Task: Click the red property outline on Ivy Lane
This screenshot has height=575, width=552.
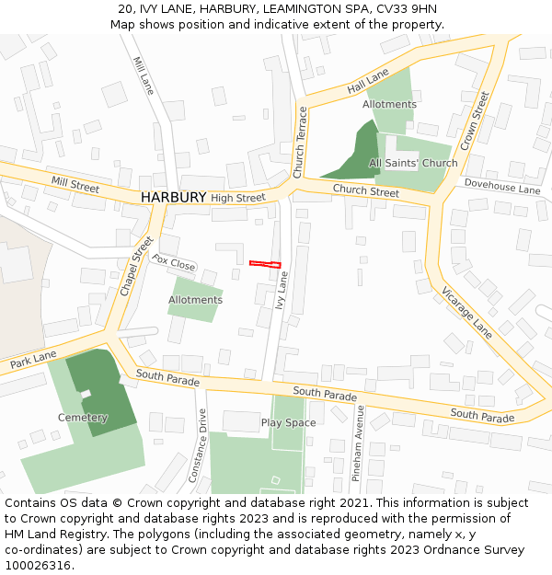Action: (265, 264)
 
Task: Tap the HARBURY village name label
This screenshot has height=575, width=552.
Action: (173, 198)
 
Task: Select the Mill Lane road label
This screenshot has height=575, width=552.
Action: (144, 76)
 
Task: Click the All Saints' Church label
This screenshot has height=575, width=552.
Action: (413, 164)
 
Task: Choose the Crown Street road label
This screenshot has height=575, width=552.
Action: (474, 121)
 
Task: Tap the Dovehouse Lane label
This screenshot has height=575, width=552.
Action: (502, 188)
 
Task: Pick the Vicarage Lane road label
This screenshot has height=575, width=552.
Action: (466, 311)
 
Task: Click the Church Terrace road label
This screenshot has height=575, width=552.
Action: (299, 143)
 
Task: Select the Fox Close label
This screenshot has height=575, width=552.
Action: (174, 263)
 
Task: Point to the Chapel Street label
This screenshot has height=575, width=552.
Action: (136, 268)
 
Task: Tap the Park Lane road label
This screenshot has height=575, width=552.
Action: (33, 360)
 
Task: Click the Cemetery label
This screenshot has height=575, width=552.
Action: (83, 418)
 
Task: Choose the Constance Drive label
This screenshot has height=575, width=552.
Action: (198, 446)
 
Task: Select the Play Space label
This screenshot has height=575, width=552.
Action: (288, 423)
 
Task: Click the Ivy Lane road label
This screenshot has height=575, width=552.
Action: (282, 289)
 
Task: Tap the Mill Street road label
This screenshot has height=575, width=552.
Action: (75, 185)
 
